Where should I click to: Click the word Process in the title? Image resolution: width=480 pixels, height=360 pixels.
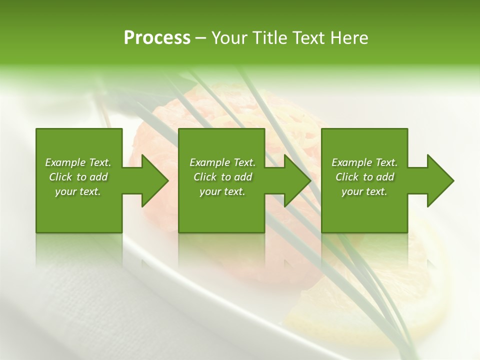[x=157, y=38]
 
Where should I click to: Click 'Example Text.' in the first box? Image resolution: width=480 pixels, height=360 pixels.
[x=78, y=162]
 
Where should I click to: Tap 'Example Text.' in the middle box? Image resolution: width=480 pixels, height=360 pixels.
[x=222, y=162]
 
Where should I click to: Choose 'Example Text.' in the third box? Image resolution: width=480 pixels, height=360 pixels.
[x=364, y=162]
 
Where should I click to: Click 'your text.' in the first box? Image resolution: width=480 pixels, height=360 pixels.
[x=78, y=191]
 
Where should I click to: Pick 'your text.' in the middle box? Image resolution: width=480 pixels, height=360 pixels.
[x=222, y=191]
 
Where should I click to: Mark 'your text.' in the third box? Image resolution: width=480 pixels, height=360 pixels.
[x=364, y=191]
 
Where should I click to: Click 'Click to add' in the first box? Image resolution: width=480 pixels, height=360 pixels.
[x=78, y=177]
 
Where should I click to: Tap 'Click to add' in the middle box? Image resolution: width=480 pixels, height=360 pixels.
[x=222, y=177]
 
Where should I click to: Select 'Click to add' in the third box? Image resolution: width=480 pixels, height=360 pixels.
[x=364, y=177]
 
